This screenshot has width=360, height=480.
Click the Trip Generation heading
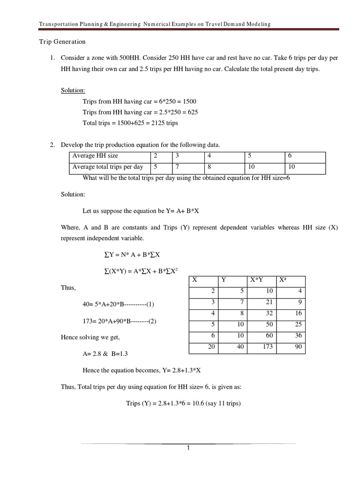[x=62, y=42]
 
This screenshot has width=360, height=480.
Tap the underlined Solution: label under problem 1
[x=73, y=90]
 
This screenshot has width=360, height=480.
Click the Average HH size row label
[x=95, y=156]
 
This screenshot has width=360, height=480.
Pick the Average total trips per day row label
[x=107, y=167]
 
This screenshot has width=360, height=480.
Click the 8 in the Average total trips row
[x=210, y=167]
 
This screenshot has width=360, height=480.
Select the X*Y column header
[x=256, y=280]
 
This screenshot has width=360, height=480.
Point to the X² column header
[x=283, y=280]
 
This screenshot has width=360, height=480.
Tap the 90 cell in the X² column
[x=298, y=347]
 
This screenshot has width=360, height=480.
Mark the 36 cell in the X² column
[x=298, y=336]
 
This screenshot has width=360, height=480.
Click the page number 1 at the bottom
[x=188, y=448]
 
